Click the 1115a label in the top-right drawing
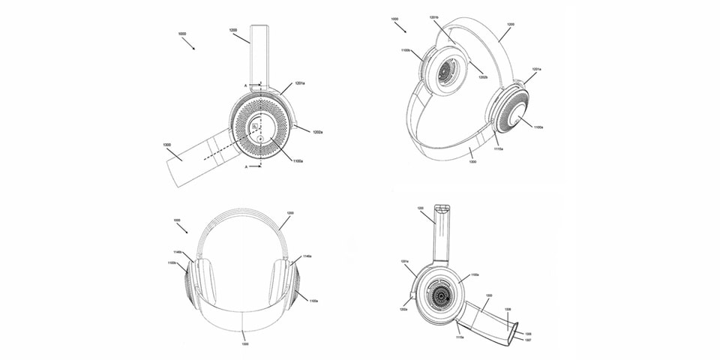click(x=498, y=148)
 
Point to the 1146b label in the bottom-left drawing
click(x=178, y=252)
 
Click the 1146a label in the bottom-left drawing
click(x=307, y=256)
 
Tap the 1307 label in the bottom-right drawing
click(x=528, y=339)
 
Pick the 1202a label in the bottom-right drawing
click(x=403, y=308)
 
